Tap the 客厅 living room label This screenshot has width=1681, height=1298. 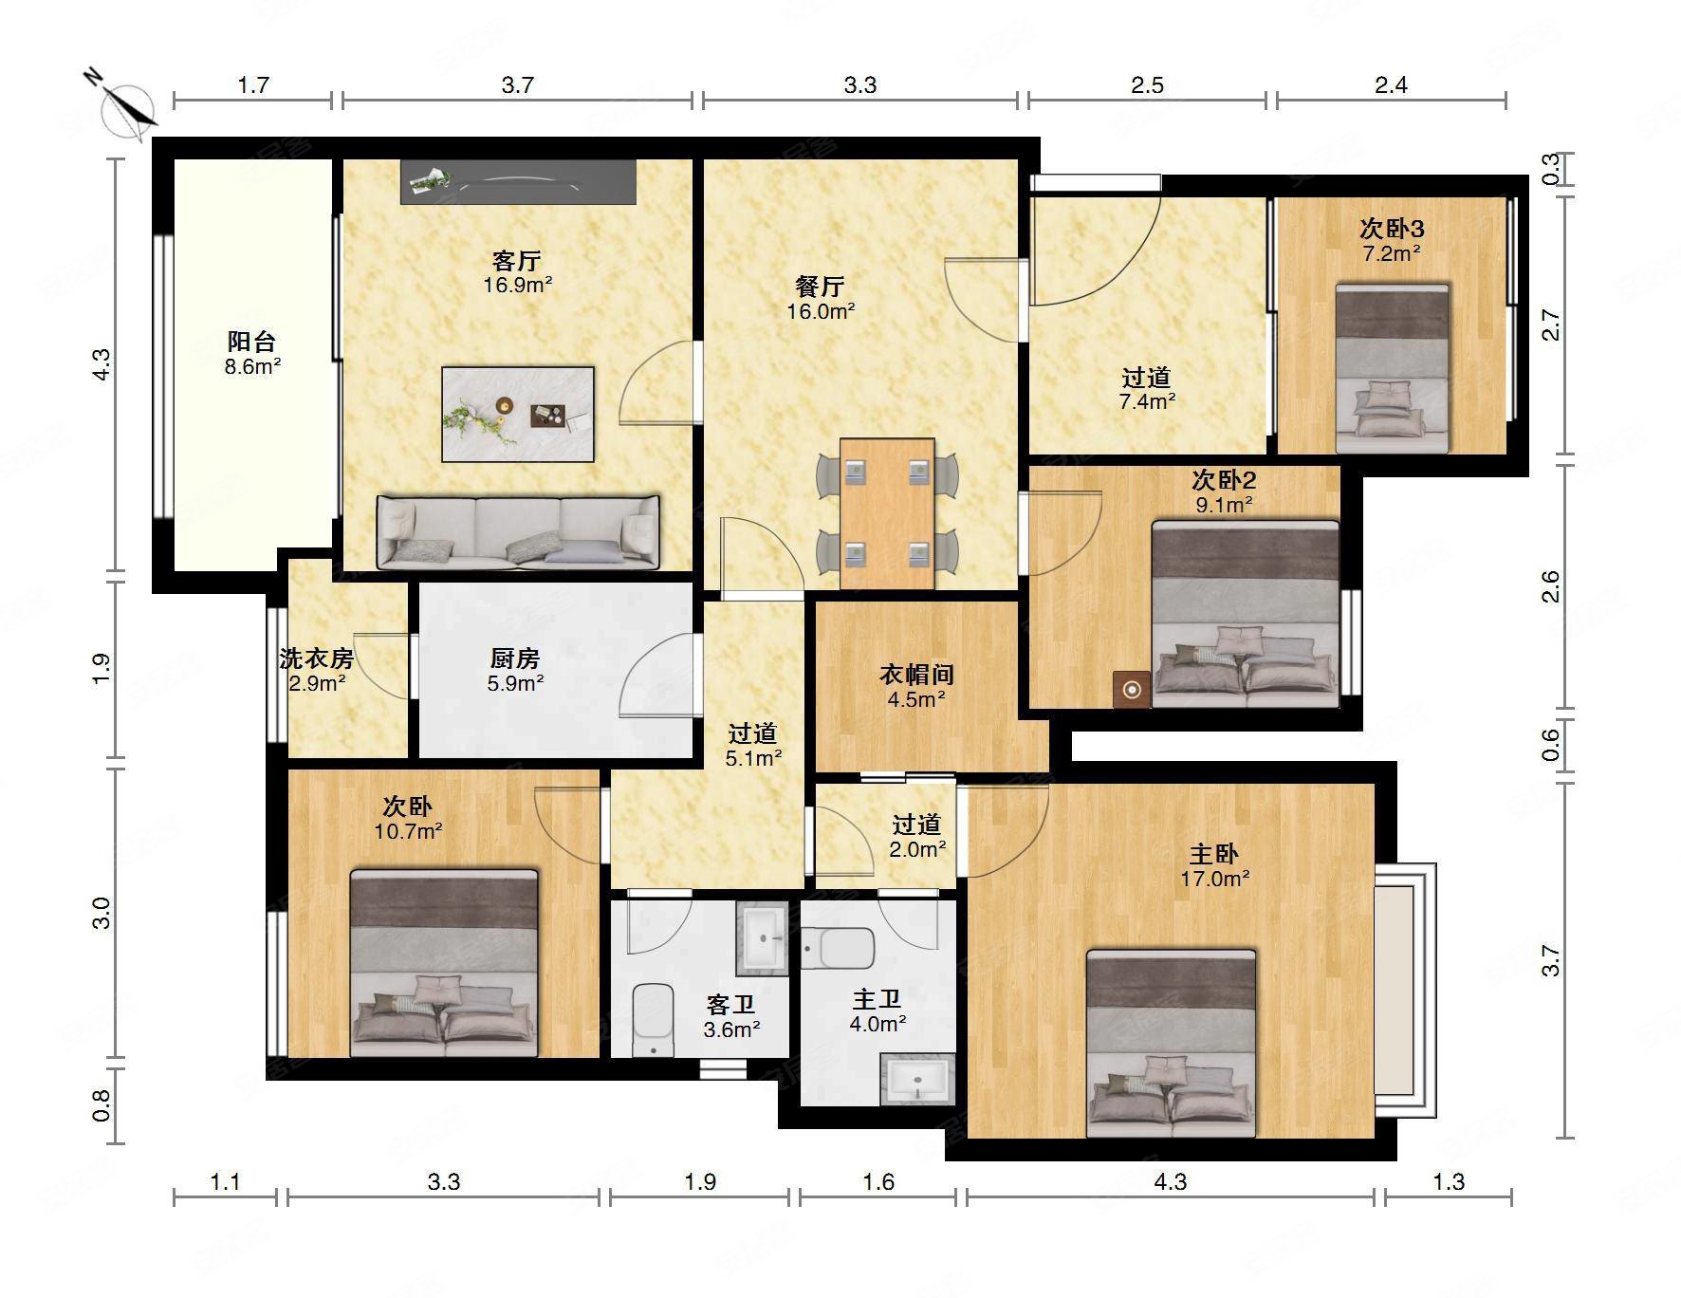pyautogui.click(x=517, y=260)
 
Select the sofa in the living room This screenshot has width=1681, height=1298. pyautogui.click(x=518, y=531)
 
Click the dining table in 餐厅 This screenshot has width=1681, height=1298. pyautogui.click(x=887, y=513)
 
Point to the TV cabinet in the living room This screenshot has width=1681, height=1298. pyautogui.click(x=518, y=181)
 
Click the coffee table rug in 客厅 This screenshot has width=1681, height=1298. pyautogui.click(x=518, y=415)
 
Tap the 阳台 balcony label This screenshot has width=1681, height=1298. pyautogui.click(x=251, y=342)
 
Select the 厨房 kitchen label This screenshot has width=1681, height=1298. pyautogui.click(x=515, y=658)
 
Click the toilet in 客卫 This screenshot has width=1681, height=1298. pyautogui.click(x=653, y=1021)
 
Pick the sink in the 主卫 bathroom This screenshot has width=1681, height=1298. pyautogui.click(x=916, y=1080)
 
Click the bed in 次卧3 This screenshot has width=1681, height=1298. pyautogui.click(x=1392, y=368)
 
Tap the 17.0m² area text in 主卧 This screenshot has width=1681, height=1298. pyautogui.click(x=1215, y=879)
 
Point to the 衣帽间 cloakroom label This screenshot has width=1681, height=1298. pyautogui.click(x=916, y=675)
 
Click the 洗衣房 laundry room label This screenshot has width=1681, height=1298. pyautogui.click(x=317, y=658)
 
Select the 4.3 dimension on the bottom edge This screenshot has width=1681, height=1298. pyautogui.click(x=1170, y=1181)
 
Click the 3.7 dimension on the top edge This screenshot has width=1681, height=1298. pyautogui.click(x=517, y=85)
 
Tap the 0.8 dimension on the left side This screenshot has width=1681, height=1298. pyautogui.click(x=102, y=1103)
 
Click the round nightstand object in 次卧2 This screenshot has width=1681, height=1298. pyautogui.click(x=1132, y=690)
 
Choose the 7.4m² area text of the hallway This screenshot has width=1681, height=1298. pyautogui.click(x=1148, y=401)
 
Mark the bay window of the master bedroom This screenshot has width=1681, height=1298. pyautogui.click(x=1405, y=991)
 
